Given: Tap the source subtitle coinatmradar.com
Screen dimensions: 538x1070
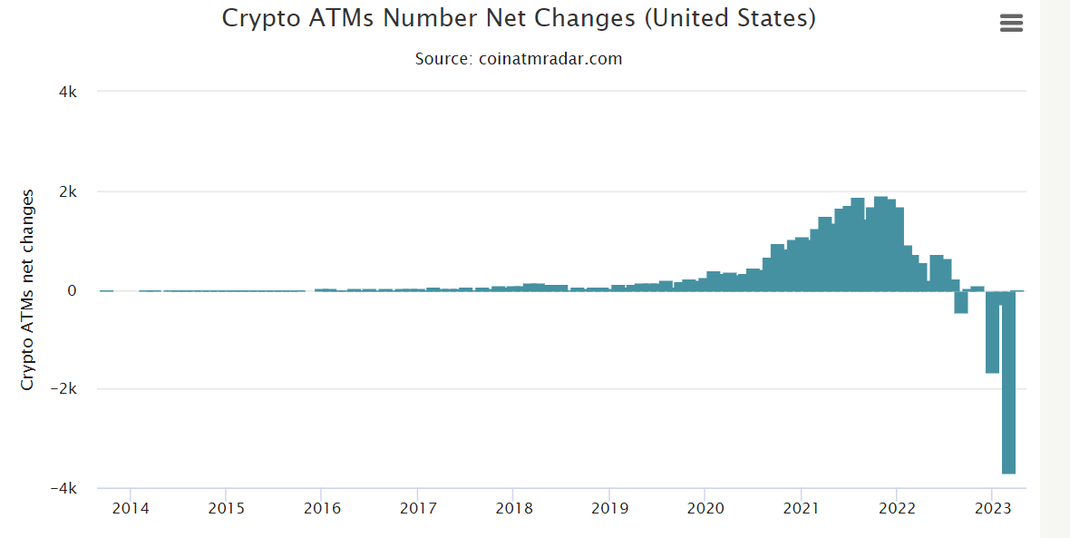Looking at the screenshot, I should pos(519,59).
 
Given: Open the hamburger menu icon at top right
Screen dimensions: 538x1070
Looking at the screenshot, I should pos(1011,24).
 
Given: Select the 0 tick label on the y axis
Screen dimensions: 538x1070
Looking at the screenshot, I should pos(73,291).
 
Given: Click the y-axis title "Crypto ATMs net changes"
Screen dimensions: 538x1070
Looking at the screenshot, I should pos(27,290).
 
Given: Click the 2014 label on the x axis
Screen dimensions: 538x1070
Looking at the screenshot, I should pos(130,508).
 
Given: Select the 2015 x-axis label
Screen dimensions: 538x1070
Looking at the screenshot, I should pos(226,508).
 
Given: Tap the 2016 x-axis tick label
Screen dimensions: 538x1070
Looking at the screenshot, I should pos(322,508).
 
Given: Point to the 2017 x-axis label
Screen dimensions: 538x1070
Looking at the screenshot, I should pos(418,508).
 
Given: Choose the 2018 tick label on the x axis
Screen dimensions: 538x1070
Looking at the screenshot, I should pos(514,508).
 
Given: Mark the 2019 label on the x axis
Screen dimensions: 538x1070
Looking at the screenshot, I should pos(610,508).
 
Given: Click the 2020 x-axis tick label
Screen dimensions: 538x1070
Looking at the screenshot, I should pos(706,508).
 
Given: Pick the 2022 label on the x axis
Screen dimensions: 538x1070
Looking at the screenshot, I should pos(897,508).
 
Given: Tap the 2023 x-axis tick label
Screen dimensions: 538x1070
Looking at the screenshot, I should pos(992,508).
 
